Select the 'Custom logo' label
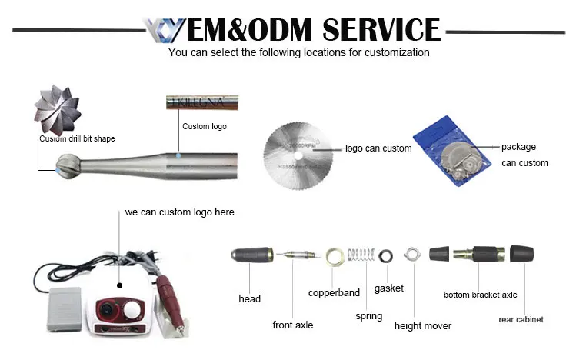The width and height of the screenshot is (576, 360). coord(204,126)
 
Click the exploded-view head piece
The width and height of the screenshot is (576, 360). coord(255,256)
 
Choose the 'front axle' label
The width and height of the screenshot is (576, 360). coord(293,325)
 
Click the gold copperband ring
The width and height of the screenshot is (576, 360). coord(335,256)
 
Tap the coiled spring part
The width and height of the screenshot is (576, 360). coord(361,256)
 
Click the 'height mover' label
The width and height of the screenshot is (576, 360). coord(422,326)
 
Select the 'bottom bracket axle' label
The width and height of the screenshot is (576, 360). coord(480,295)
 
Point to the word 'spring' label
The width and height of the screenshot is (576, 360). coord(368,316)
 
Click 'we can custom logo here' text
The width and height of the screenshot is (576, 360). coord(179,212)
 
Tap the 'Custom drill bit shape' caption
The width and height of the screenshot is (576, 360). coord(77,139)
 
